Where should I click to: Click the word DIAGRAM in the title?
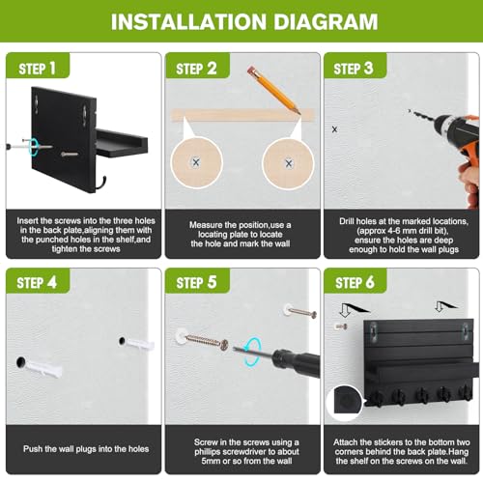click(x=326, y=21)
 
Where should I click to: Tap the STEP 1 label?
click(x=37, y=69)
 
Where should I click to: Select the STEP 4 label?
click(x=37, y=283)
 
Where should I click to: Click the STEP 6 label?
click(x=355, y=283)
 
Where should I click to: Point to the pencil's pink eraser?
click(x=251, y=70)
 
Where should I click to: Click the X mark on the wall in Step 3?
click(x=334, y=129)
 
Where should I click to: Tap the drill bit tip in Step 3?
click(x=410, y=111)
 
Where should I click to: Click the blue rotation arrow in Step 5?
click(x=252, y=352)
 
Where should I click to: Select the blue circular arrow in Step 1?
click(x=33, y=146)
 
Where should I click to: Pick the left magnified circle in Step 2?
click(x=196, y=162)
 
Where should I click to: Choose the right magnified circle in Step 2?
click(x=288, y=164)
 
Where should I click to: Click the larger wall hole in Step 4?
click(x=21, y=362)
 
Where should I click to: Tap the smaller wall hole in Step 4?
click(x=122, y=341)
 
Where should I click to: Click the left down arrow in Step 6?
click(x=345, y=309)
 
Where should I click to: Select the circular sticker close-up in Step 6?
click(x=345, y=403)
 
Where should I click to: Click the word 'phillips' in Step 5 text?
click(x=209, y=452)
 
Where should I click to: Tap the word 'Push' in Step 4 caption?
click(x=31, y=449)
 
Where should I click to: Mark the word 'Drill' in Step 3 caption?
click(x=347, y=221)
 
